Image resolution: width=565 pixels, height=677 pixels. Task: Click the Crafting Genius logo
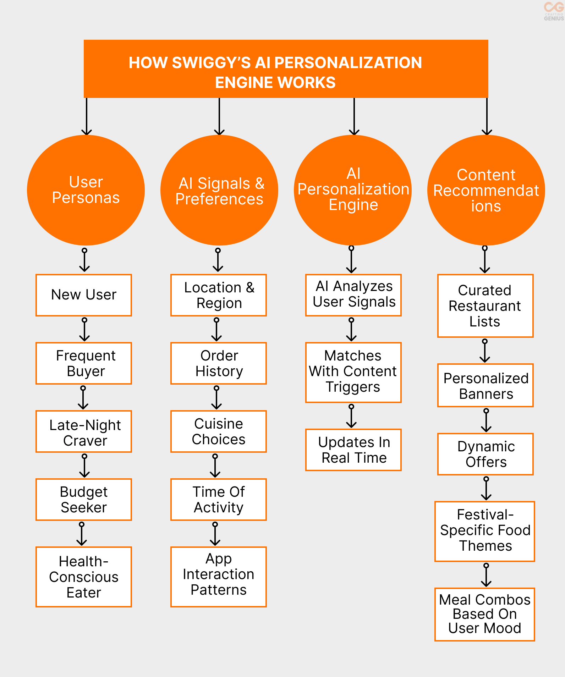click(x=554, y=11)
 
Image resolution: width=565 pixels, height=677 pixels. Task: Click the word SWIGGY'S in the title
click(x=211, y=63)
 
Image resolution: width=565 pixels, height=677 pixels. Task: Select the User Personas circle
click(x=86, y=190)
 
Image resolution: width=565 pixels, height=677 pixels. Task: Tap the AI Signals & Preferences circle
click(x=219, y=190)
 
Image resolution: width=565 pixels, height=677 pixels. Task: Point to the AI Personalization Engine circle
click(x=353, y=190)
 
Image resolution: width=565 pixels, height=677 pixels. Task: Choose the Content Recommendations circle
click(x=486, y=190)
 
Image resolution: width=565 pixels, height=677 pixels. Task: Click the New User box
click(x=84, y=295)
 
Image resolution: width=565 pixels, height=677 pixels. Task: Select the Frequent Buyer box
click(x=84, y=363)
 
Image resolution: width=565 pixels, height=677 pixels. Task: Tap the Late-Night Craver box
click(x=84, y=431)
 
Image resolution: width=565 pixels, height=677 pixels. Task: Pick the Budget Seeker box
click(x=84, y=499)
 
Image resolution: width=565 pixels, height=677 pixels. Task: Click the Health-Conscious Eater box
click(x=84, y=577)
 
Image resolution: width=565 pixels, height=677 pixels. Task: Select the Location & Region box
click(x=219, y=295)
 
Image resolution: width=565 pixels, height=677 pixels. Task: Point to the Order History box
click(x=219, y=363)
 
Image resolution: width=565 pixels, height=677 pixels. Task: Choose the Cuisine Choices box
click(x=219, y=431)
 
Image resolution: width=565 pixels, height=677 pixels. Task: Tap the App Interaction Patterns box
click(x=219, y=577)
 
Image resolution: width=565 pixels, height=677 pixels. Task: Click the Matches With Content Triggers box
click(x=353, y=372)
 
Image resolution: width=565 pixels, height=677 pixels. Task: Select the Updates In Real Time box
click(x=353, y=450)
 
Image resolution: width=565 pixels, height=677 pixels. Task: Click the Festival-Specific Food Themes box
click(x=485, y=531)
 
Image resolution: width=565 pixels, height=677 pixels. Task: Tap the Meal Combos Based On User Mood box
click(x=485, y=614)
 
